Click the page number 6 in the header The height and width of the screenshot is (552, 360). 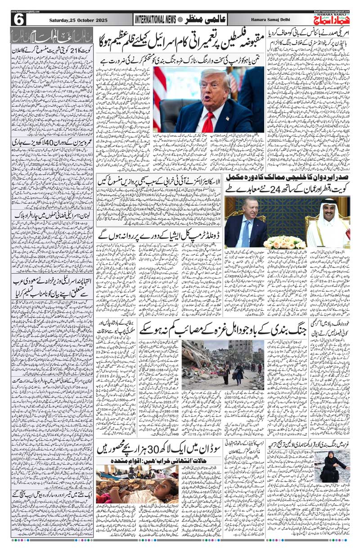coord(19,19)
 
